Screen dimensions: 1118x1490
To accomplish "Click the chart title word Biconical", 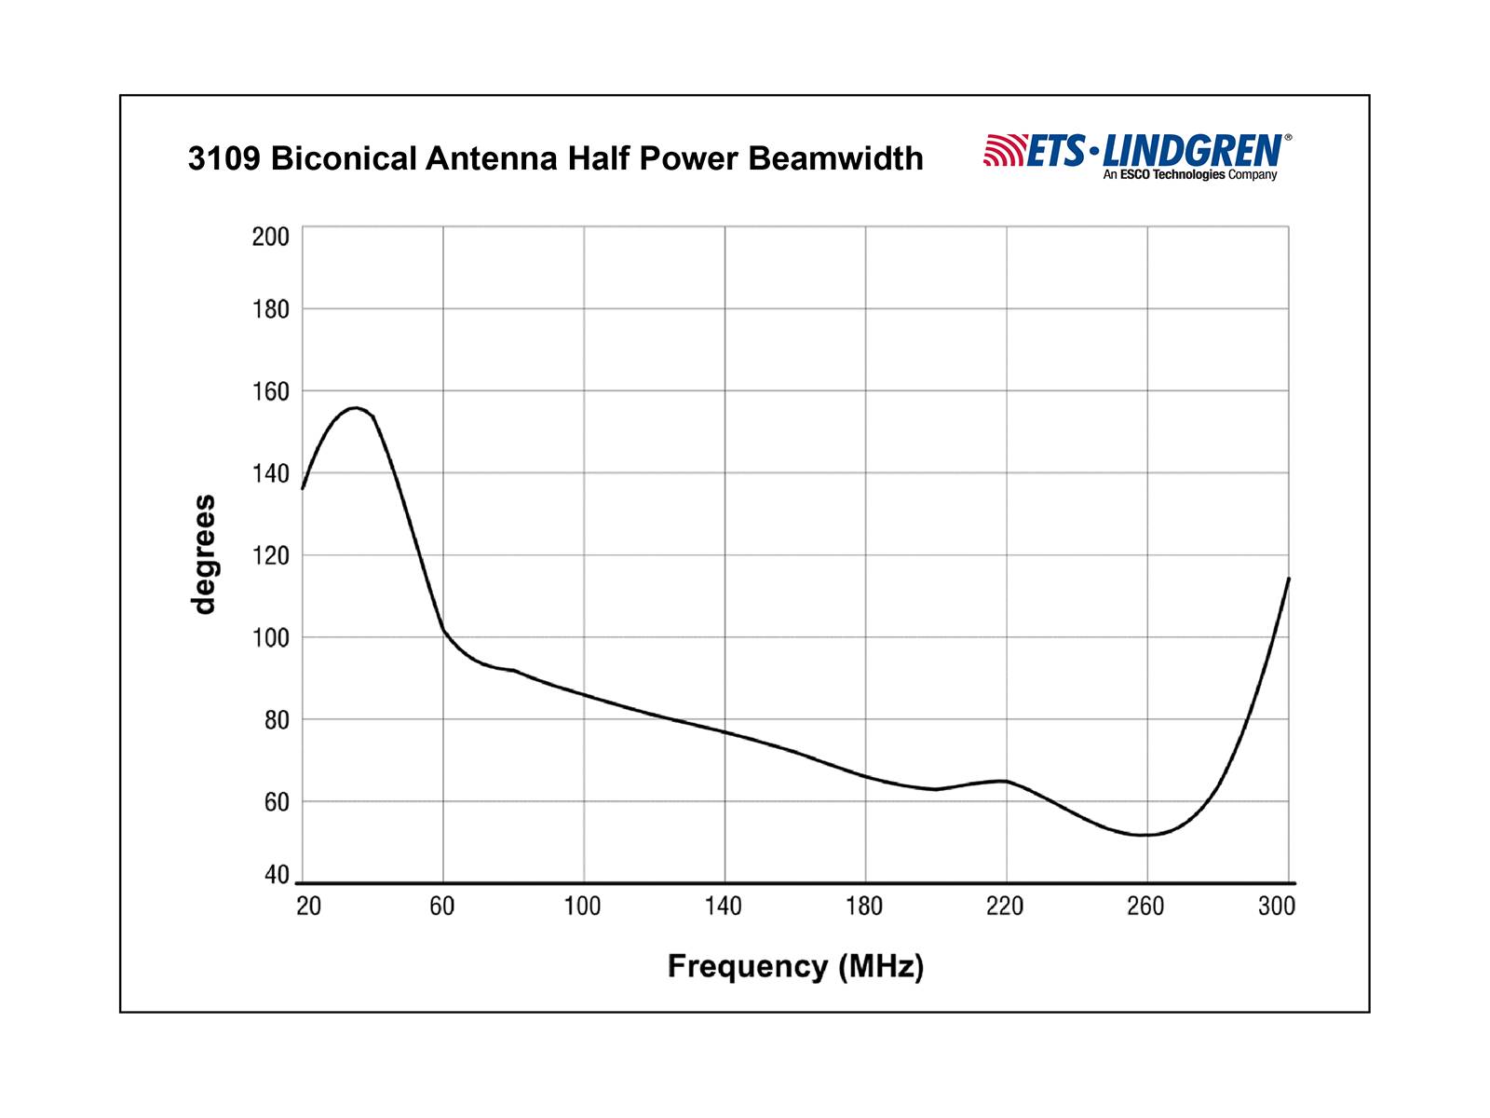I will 344,158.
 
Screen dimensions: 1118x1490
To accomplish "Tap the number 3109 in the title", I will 224,158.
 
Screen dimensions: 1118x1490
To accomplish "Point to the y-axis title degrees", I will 203,554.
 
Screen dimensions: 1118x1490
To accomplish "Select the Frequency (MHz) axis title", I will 795,966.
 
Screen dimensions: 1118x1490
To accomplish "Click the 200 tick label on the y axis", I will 271,237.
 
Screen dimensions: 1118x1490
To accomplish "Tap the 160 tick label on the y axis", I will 271,391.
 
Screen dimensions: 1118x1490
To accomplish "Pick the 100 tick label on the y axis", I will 271,638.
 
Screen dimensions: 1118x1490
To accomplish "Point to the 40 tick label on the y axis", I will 277,875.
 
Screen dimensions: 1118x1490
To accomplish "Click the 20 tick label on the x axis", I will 308,907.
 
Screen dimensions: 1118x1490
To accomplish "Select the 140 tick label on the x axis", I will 723,907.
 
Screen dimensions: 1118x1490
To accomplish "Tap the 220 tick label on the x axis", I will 1005,907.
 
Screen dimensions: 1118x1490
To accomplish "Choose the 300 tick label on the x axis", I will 1277,907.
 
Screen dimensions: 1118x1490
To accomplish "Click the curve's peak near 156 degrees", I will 355,407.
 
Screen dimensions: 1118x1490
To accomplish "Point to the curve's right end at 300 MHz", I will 1289,579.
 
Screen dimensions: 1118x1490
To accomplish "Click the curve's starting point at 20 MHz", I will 303,488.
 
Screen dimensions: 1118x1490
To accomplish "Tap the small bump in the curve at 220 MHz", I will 1004,781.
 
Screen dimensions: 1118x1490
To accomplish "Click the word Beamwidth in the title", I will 835,158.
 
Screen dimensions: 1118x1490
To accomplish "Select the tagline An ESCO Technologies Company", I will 1190,175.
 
